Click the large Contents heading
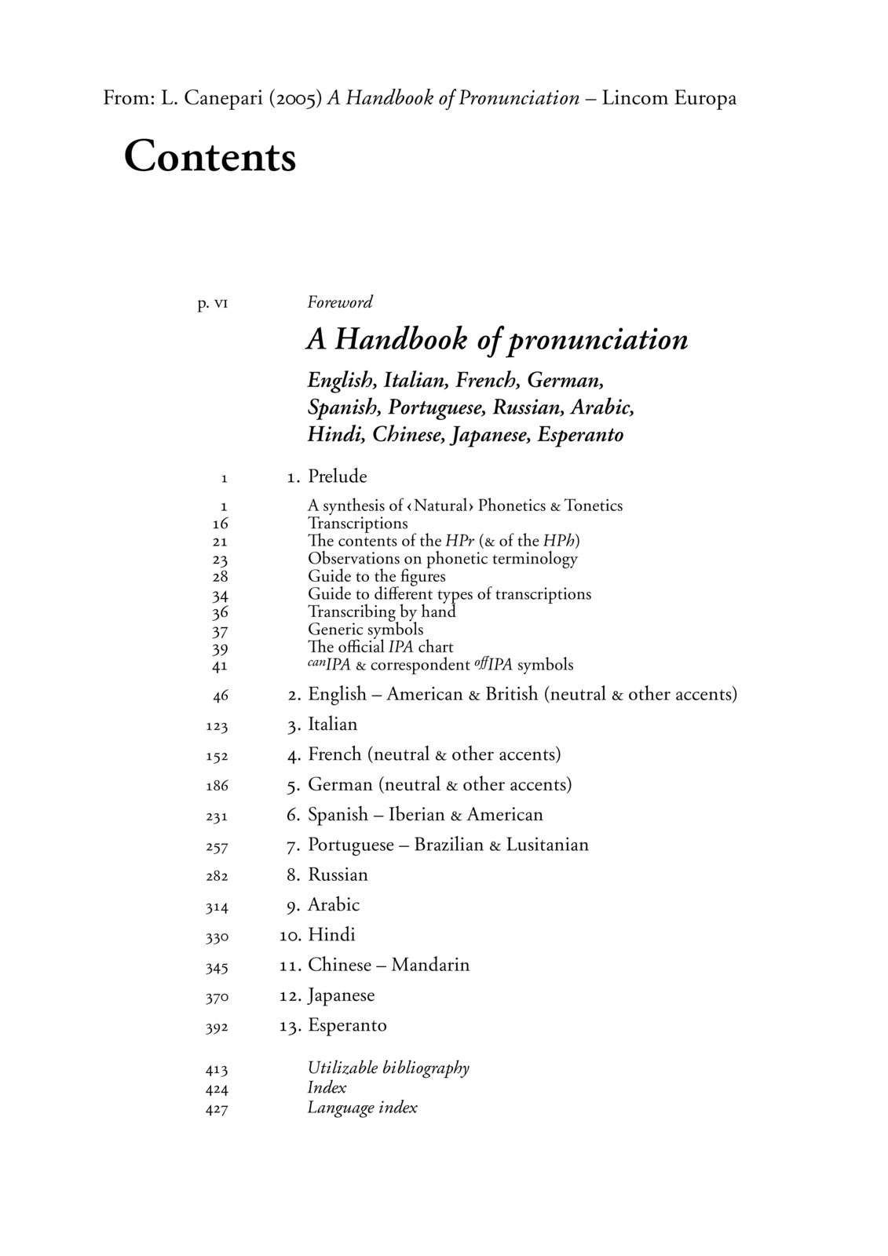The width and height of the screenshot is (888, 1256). [210, 156]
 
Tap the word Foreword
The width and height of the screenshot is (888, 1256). [339, 302]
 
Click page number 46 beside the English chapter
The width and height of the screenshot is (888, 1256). [220, 696]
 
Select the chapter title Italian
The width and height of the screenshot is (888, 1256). [332, 725]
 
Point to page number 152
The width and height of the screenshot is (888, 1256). [217, 756]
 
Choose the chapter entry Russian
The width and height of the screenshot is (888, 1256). [338, 875]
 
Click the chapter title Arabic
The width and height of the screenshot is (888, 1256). [334, 905]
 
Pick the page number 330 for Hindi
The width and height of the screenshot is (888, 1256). [217, 937]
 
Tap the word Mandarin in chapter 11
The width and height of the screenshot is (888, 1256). [430, 965]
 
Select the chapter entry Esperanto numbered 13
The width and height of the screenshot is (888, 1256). [347, 1025]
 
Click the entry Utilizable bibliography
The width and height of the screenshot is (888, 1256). [388, 1068]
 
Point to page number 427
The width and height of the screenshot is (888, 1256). [217, 1109]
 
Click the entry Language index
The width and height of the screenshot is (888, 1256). [362, 1108]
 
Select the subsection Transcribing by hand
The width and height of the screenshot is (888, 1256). [382, 612]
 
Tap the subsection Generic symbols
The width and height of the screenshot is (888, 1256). [365, 630]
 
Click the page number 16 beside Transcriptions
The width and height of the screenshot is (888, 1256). [220, 524]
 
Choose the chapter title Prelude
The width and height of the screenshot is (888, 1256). [337, 476]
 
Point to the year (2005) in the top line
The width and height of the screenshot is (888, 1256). [295, 99]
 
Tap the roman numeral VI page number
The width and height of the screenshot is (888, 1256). [219, 303]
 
